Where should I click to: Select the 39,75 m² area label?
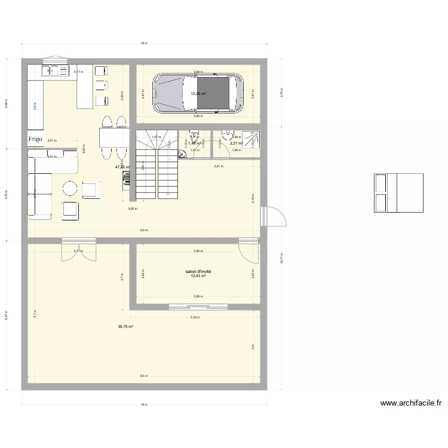125,326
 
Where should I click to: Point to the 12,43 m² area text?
198,276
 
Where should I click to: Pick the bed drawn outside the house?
398,193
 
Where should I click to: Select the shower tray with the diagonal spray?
254,140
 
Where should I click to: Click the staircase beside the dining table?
158,165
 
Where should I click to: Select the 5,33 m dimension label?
195,317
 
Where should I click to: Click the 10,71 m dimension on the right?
281,258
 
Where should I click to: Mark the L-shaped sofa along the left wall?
42,182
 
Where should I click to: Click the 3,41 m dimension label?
219,166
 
